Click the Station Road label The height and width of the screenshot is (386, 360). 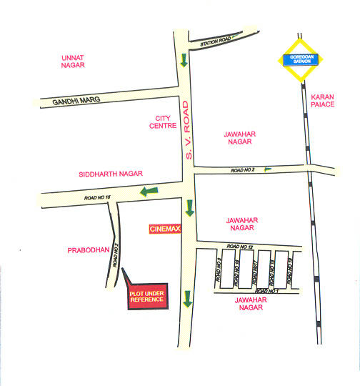(217, 41)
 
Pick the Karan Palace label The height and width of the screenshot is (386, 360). (323, 100)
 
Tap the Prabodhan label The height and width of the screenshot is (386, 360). (87, 249)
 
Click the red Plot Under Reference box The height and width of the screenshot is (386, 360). (146, 297)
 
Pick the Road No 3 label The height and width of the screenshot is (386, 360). (220, 269)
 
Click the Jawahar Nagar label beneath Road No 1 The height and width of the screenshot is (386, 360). (245, 304)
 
